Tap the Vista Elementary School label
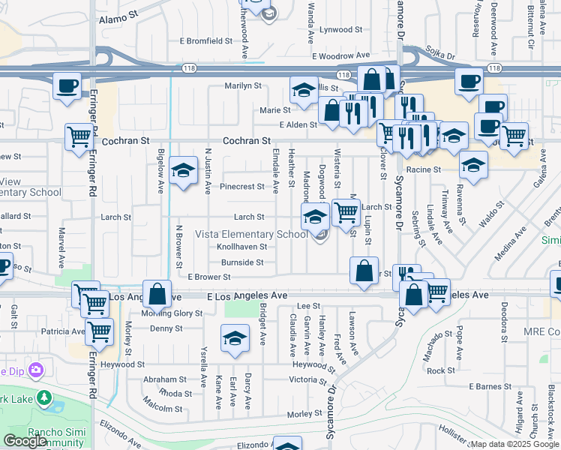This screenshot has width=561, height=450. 251,234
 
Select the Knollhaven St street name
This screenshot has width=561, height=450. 241,246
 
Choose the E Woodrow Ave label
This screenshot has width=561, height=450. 341,55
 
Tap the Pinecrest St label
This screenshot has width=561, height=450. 242,186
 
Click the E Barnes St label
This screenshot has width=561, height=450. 490,386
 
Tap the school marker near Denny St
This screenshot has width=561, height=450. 235,338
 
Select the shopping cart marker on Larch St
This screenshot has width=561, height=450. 345,212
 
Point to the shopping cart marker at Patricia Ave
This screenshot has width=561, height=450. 99,330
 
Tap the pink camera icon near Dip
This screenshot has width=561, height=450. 37,370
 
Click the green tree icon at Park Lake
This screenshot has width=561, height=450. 44,397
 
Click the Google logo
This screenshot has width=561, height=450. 25,441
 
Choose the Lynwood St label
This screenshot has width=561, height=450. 341,30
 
